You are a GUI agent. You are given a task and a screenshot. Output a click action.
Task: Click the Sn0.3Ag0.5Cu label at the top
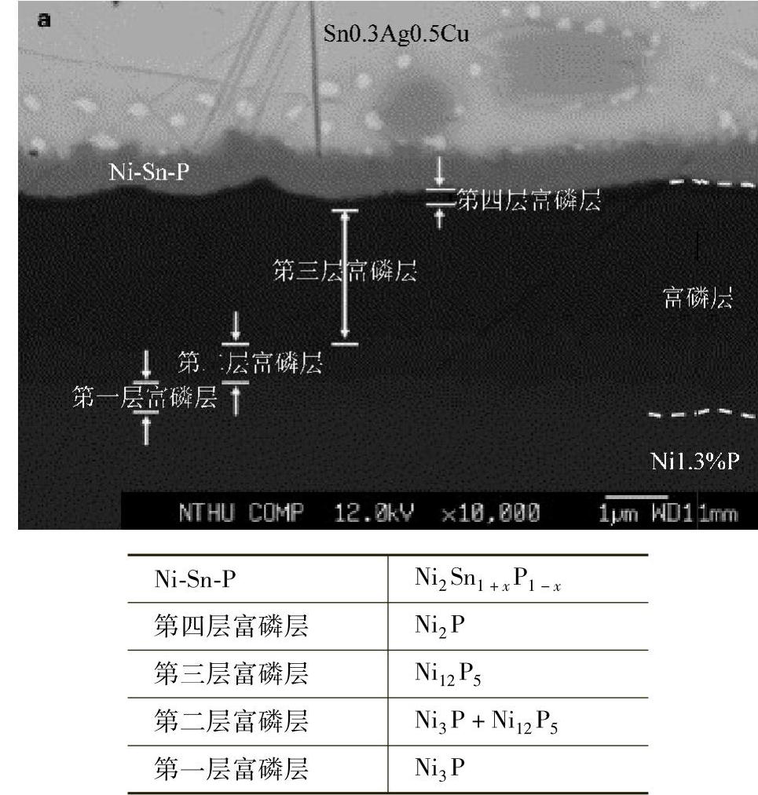click(x=397, y=35)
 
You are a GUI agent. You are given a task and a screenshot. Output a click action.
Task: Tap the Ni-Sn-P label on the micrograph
click(x=149, y=173)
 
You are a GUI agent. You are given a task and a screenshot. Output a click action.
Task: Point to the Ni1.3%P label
click(x=695, y=461)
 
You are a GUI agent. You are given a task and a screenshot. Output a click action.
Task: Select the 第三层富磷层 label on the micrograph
click(x=344, y=272)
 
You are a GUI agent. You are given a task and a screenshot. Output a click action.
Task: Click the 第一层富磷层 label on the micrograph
click(x=144, y=397)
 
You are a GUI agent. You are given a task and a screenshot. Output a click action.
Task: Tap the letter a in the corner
click(x=45, y=21)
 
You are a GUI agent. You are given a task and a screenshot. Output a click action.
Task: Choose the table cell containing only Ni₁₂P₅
click(x=447, y=674)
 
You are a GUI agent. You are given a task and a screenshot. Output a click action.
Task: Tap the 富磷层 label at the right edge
click(x=698, y=298)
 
